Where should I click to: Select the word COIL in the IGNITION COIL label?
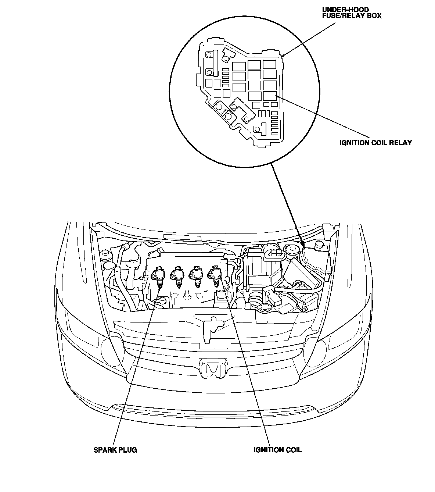click(x=293, y=450)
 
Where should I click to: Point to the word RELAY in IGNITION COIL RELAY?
click(x=401, y=143)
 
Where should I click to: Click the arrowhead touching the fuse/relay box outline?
click(x=283, y=56)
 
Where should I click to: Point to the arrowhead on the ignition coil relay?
click(x=276, y=96)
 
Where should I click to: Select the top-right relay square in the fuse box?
click(x=269, y=65)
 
